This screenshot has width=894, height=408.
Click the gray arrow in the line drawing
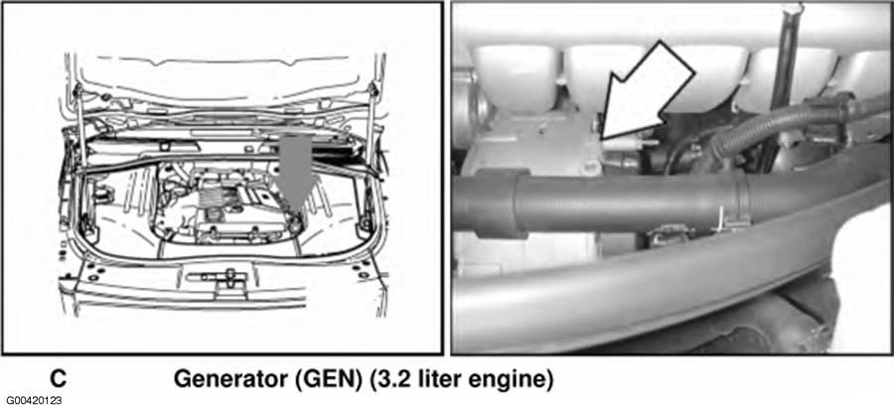297,171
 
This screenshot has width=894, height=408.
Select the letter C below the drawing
59,379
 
